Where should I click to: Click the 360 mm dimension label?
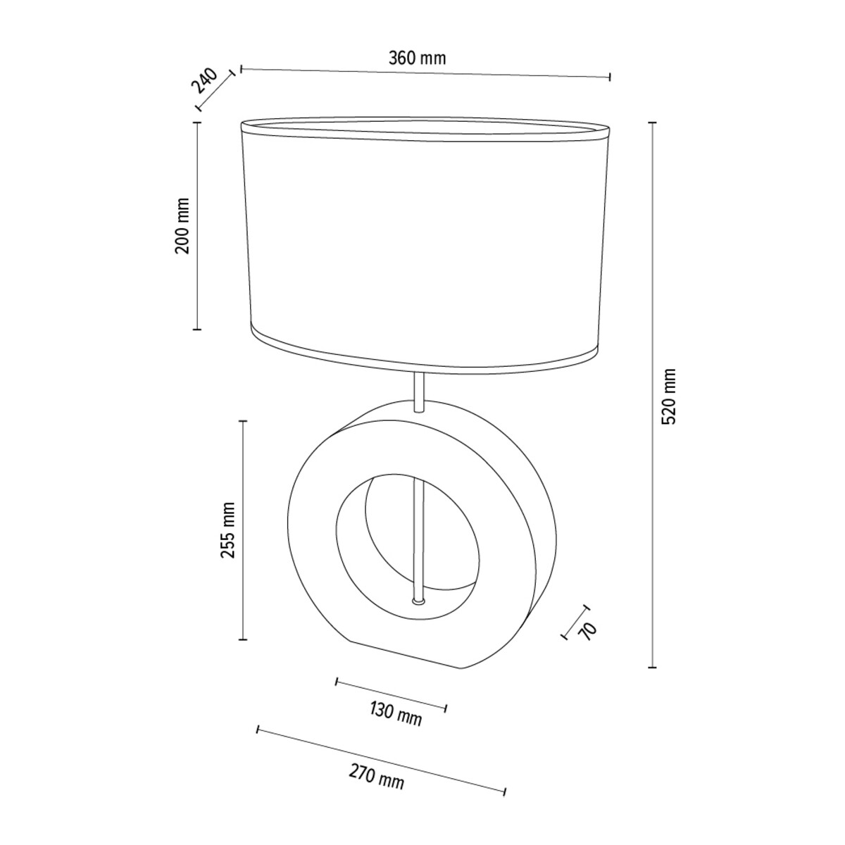coord(417,58)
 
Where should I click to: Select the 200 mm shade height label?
coord(182,226)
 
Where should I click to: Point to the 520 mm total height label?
coord(669,396)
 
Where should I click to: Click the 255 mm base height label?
coord(228,530)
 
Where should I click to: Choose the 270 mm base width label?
coord(376,789)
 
